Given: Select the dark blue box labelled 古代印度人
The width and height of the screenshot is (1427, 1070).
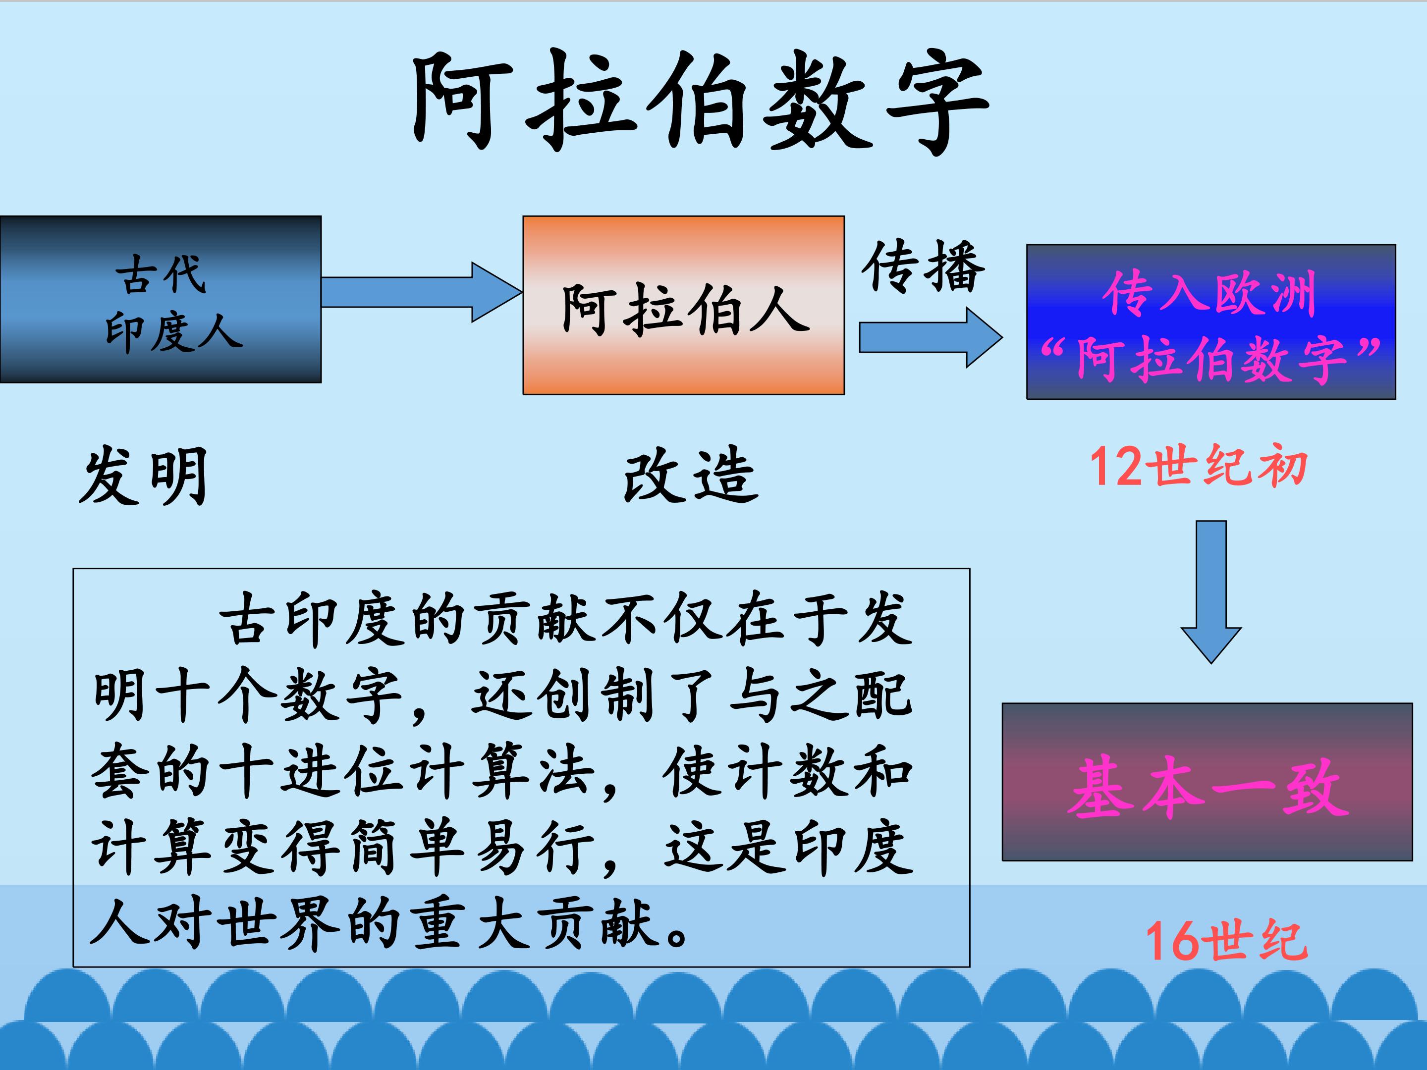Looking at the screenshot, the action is tap(161, 299).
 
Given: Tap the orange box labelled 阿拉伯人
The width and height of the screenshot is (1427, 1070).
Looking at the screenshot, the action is tap(684, 305).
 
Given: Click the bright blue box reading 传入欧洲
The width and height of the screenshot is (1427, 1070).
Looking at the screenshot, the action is tap(1211, 322).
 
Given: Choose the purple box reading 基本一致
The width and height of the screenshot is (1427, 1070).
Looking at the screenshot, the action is tap(1207, 782).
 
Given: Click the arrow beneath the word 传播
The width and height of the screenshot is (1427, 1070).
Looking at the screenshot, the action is tap(931, 337).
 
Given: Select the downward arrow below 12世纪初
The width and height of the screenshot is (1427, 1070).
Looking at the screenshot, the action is tap(1211, 592).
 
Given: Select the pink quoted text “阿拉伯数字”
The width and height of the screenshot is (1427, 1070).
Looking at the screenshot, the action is tap(1210, 359).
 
